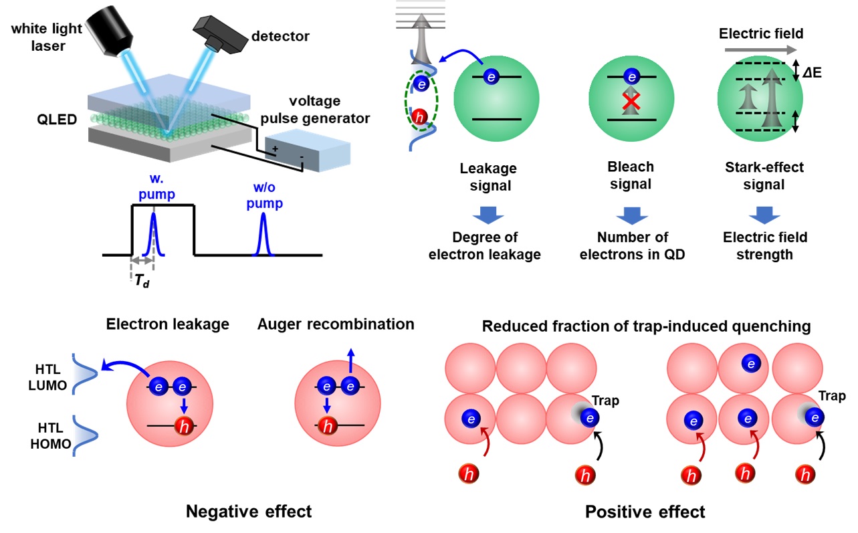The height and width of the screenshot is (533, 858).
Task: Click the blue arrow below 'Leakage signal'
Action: click(486, 213)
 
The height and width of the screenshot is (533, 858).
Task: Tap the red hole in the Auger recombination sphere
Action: click(327, 426)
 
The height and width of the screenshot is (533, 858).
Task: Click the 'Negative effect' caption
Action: click(248, 512)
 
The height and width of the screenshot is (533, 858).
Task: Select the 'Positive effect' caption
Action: click(645, 512)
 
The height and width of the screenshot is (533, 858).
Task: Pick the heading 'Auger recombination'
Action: click(336, 324)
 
